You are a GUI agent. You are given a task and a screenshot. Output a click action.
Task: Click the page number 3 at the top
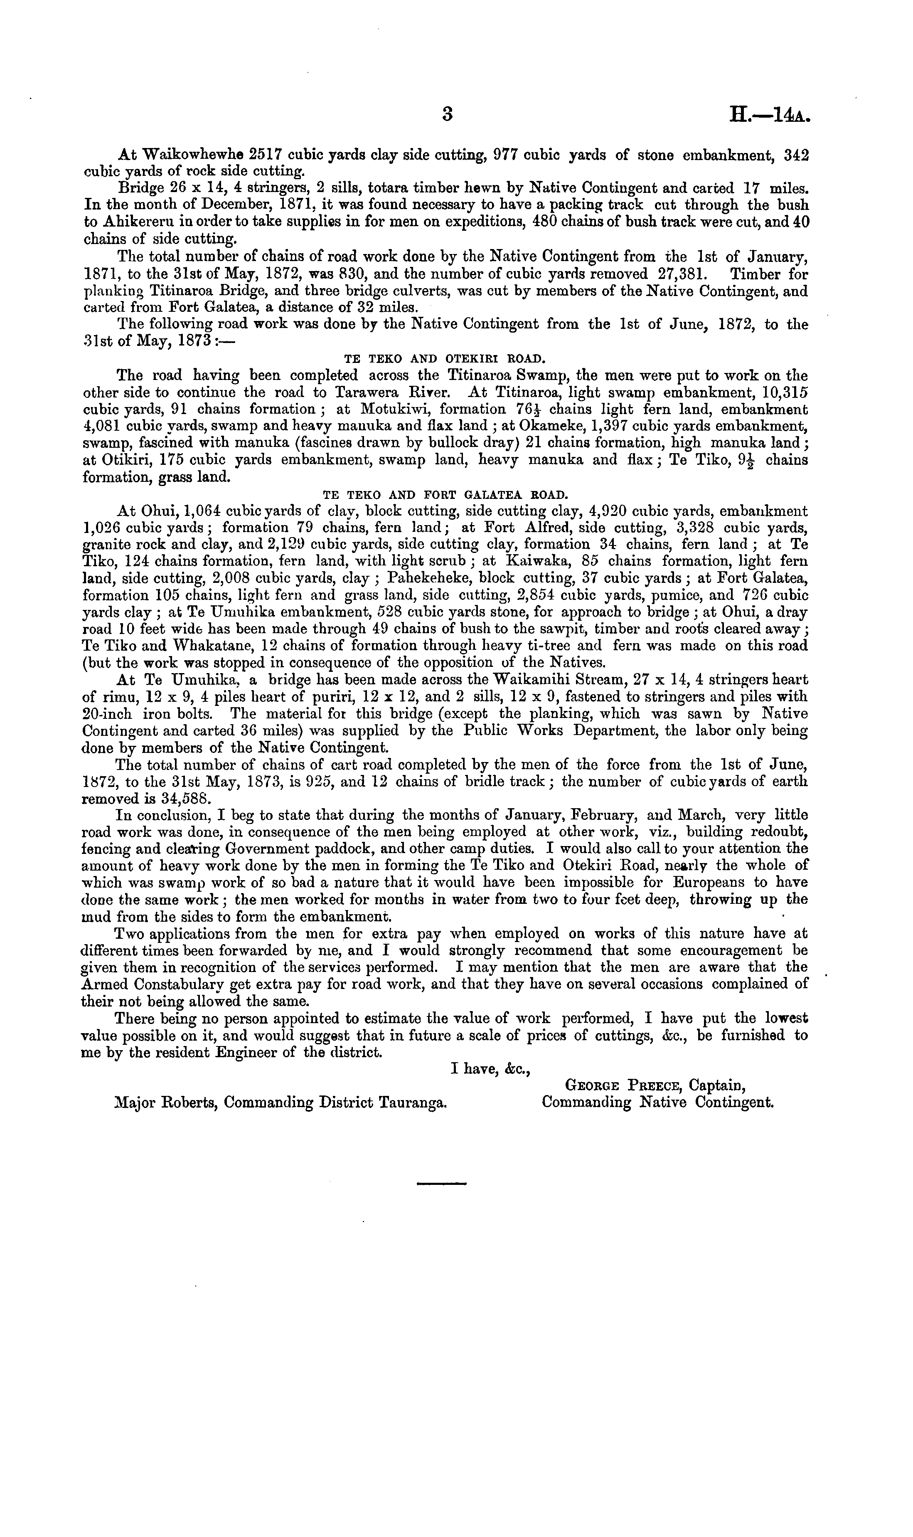(x=447, y=114)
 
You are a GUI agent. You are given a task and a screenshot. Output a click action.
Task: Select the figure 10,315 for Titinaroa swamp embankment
(x=783, y=392)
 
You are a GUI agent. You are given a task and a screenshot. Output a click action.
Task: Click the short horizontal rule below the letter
(x=442, y=1183)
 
